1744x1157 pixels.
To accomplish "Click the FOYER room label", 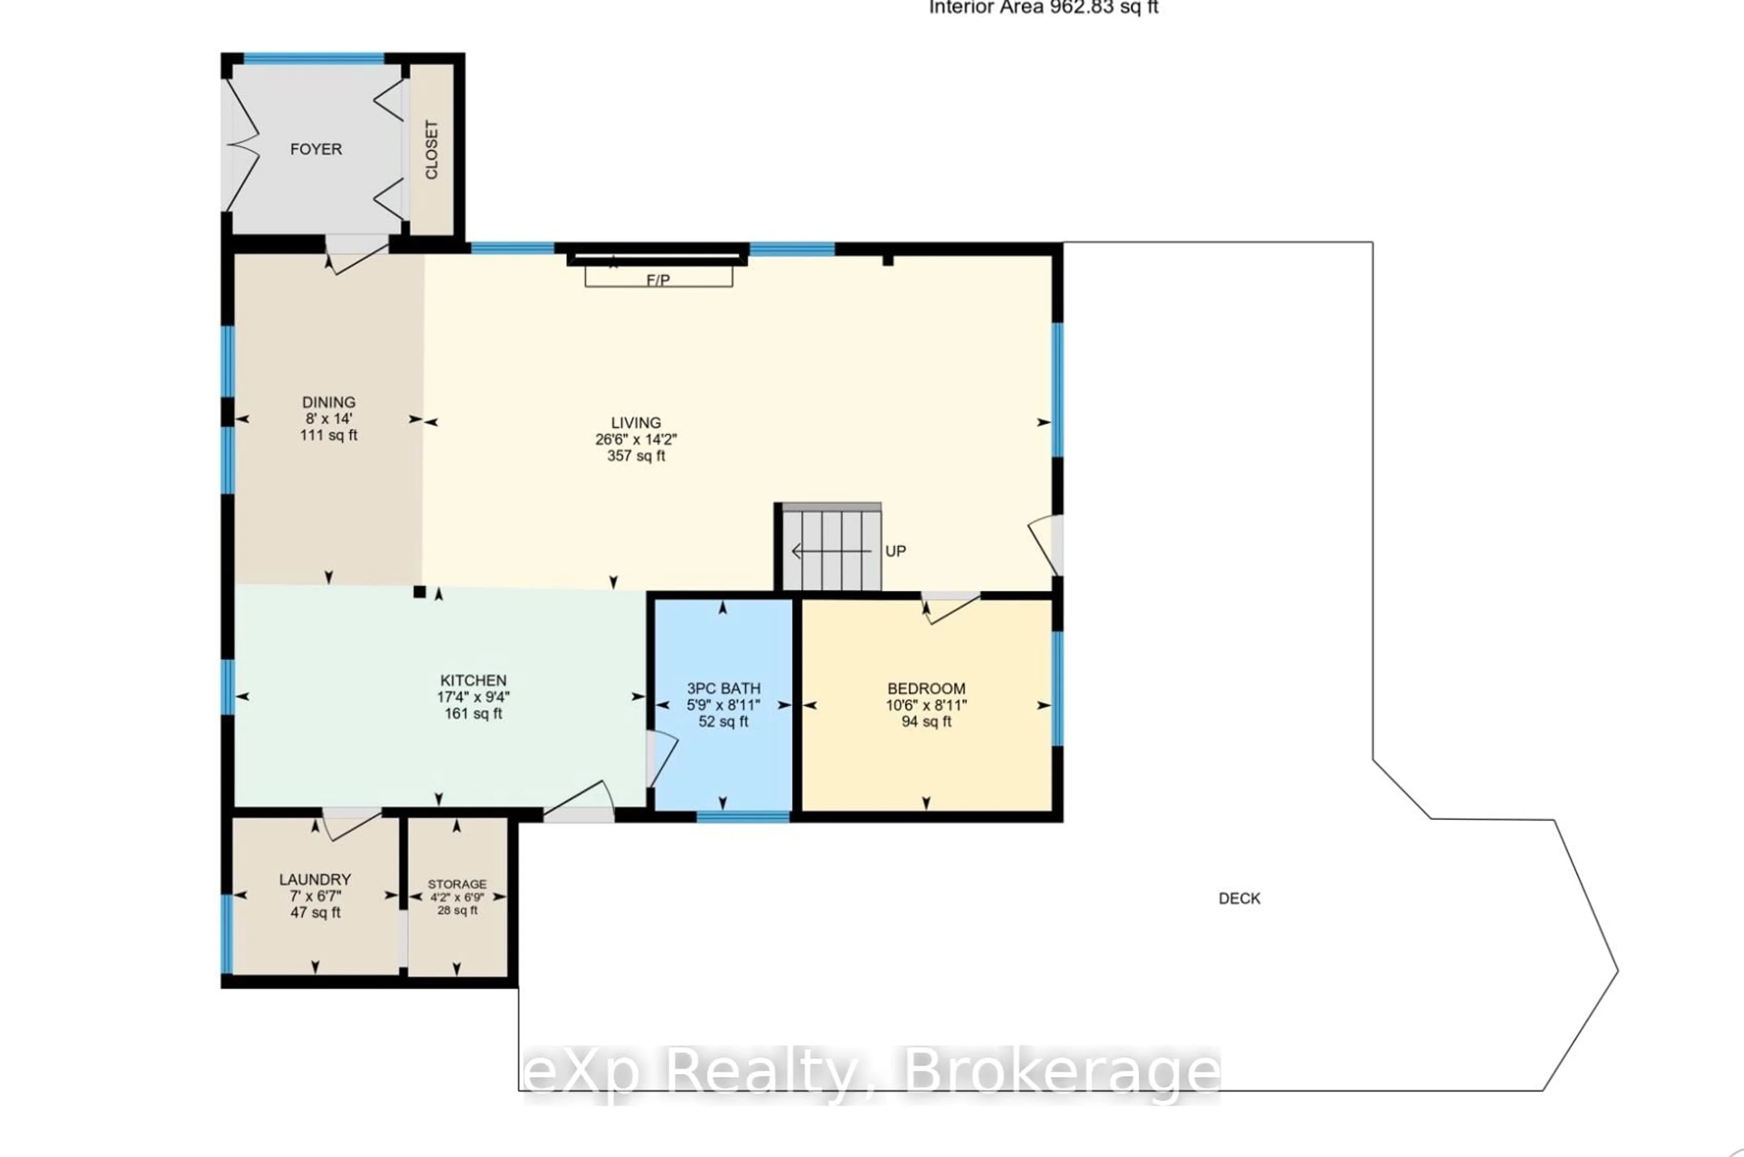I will (316, 149).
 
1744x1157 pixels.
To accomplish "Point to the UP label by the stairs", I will (895, 551).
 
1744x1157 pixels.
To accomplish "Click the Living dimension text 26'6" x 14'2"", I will (636, 439).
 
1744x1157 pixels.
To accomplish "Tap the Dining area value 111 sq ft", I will (328, 435).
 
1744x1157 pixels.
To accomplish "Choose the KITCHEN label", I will (473, 680).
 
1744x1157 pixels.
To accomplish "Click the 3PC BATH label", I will (723, 688).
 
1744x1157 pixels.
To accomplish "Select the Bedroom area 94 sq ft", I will (926, 722).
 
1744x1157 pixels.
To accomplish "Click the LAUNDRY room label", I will (315, 880).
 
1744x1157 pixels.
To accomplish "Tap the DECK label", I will (1239, 898).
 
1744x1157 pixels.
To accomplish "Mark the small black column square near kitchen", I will (419, 591).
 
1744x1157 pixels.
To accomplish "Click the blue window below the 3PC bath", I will (743, 816).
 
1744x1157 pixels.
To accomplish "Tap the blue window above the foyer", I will (314, 58).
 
